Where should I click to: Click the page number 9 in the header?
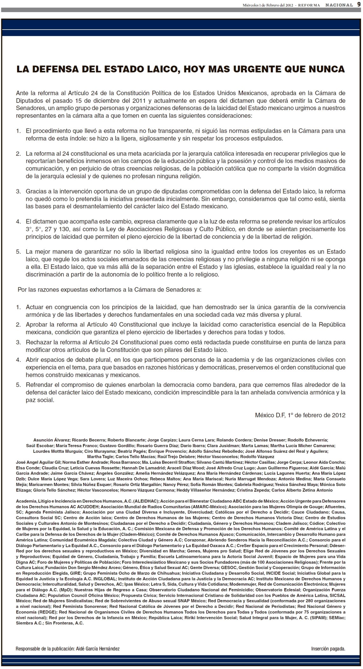click(359, 5)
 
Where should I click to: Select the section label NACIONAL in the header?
click(339, 5)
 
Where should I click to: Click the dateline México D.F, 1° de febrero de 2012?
click(300, 415)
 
